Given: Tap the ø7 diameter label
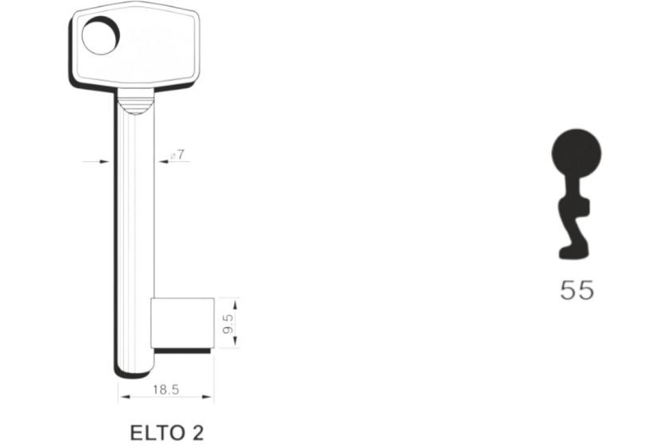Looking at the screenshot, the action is [x=177, y=155].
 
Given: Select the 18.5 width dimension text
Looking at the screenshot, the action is [x=166, y=389].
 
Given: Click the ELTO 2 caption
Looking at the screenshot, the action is [x=167, y=433].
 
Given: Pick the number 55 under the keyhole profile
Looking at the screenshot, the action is [x=577, y=290].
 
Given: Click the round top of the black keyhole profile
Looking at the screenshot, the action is [x=576, y=153].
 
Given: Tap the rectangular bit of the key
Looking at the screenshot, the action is [x=182, y=323].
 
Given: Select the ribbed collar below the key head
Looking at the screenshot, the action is [x=136, y=101].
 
